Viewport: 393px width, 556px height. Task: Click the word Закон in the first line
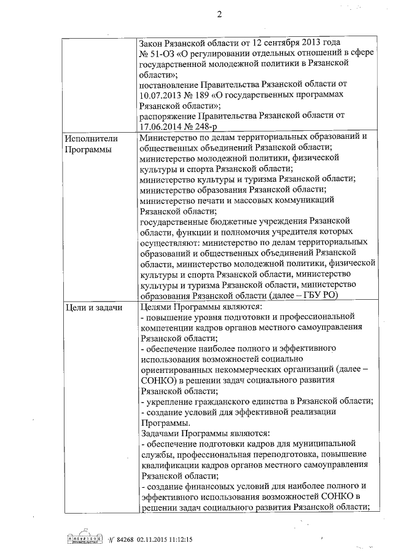[x=152, y=44]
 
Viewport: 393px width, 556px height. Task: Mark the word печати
[x=212, y=200]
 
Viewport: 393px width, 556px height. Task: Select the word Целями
[x=156, y=307]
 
